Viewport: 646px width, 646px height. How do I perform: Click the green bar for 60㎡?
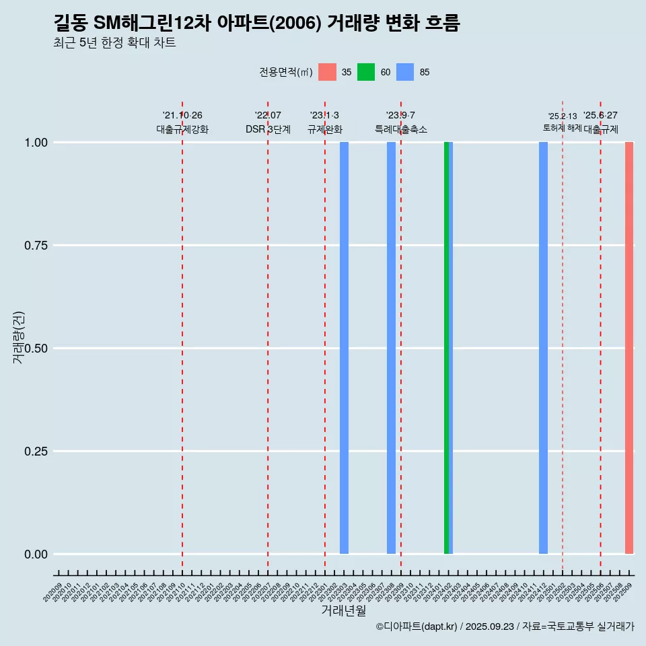[x=446, y=348]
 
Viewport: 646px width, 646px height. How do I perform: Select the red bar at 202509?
[x=629, y=348]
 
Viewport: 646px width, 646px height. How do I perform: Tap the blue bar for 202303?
[x=344, y=348]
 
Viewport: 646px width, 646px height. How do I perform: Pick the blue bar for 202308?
[x=391, y=348]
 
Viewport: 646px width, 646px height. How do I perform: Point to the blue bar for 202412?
[x=543, y=348]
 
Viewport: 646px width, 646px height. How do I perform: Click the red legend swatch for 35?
[x=327, y=72]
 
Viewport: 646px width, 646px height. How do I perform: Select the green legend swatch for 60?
[x=366, y=72]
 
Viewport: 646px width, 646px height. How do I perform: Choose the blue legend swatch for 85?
[x=405, y=72]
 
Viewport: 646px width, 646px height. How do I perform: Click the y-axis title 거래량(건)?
[x=19, y=338]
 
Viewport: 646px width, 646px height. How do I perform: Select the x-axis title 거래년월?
[x=343, y=610]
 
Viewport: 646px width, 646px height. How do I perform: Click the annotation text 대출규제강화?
[x=182, y=129]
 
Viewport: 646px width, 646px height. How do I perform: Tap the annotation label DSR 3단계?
[x=268, y=129]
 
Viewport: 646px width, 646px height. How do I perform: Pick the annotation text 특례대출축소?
[x=401, y=129]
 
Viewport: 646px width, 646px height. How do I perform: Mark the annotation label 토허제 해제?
[x=562, y=128]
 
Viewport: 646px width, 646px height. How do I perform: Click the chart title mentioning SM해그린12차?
[x=256, y=24]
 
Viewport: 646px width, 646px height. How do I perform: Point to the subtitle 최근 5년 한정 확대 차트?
[x=114, y=43]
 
